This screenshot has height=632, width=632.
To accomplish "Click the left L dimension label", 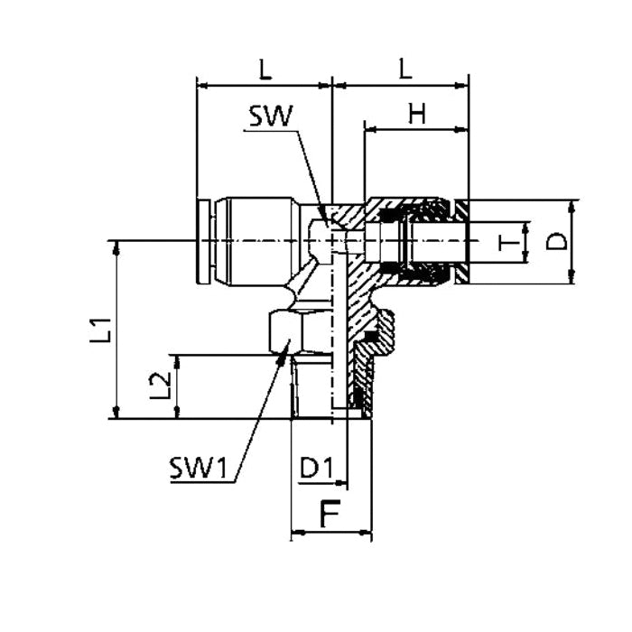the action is (x=265, y=70).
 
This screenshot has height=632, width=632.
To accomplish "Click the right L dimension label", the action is (x=405, y=69).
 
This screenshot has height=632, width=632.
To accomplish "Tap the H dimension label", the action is (x=417, y=114).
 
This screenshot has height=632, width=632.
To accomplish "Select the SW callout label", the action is (x=271, y=116).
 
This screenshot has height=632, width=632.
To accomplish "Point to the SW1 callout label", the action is (x=199, y=469).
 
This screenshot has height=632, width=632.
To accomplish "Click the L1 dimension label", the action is (x=100, y=330).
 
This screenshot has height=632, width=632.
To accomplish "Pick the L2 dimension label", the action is (x=160, y=386).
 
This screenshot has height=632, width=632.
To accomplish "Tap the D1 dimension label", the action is (x=317, y=468).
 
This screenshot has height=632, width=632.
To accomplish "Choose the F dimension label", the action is (x=330, y=514).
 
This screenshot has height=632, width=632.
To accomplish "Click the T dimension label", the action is (x=508, y=243).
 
